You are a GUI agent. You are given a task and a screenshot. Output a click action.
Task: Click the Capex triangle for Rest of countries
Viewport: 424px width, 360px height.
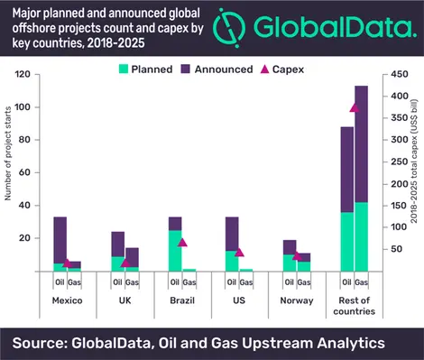point(355,107)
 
